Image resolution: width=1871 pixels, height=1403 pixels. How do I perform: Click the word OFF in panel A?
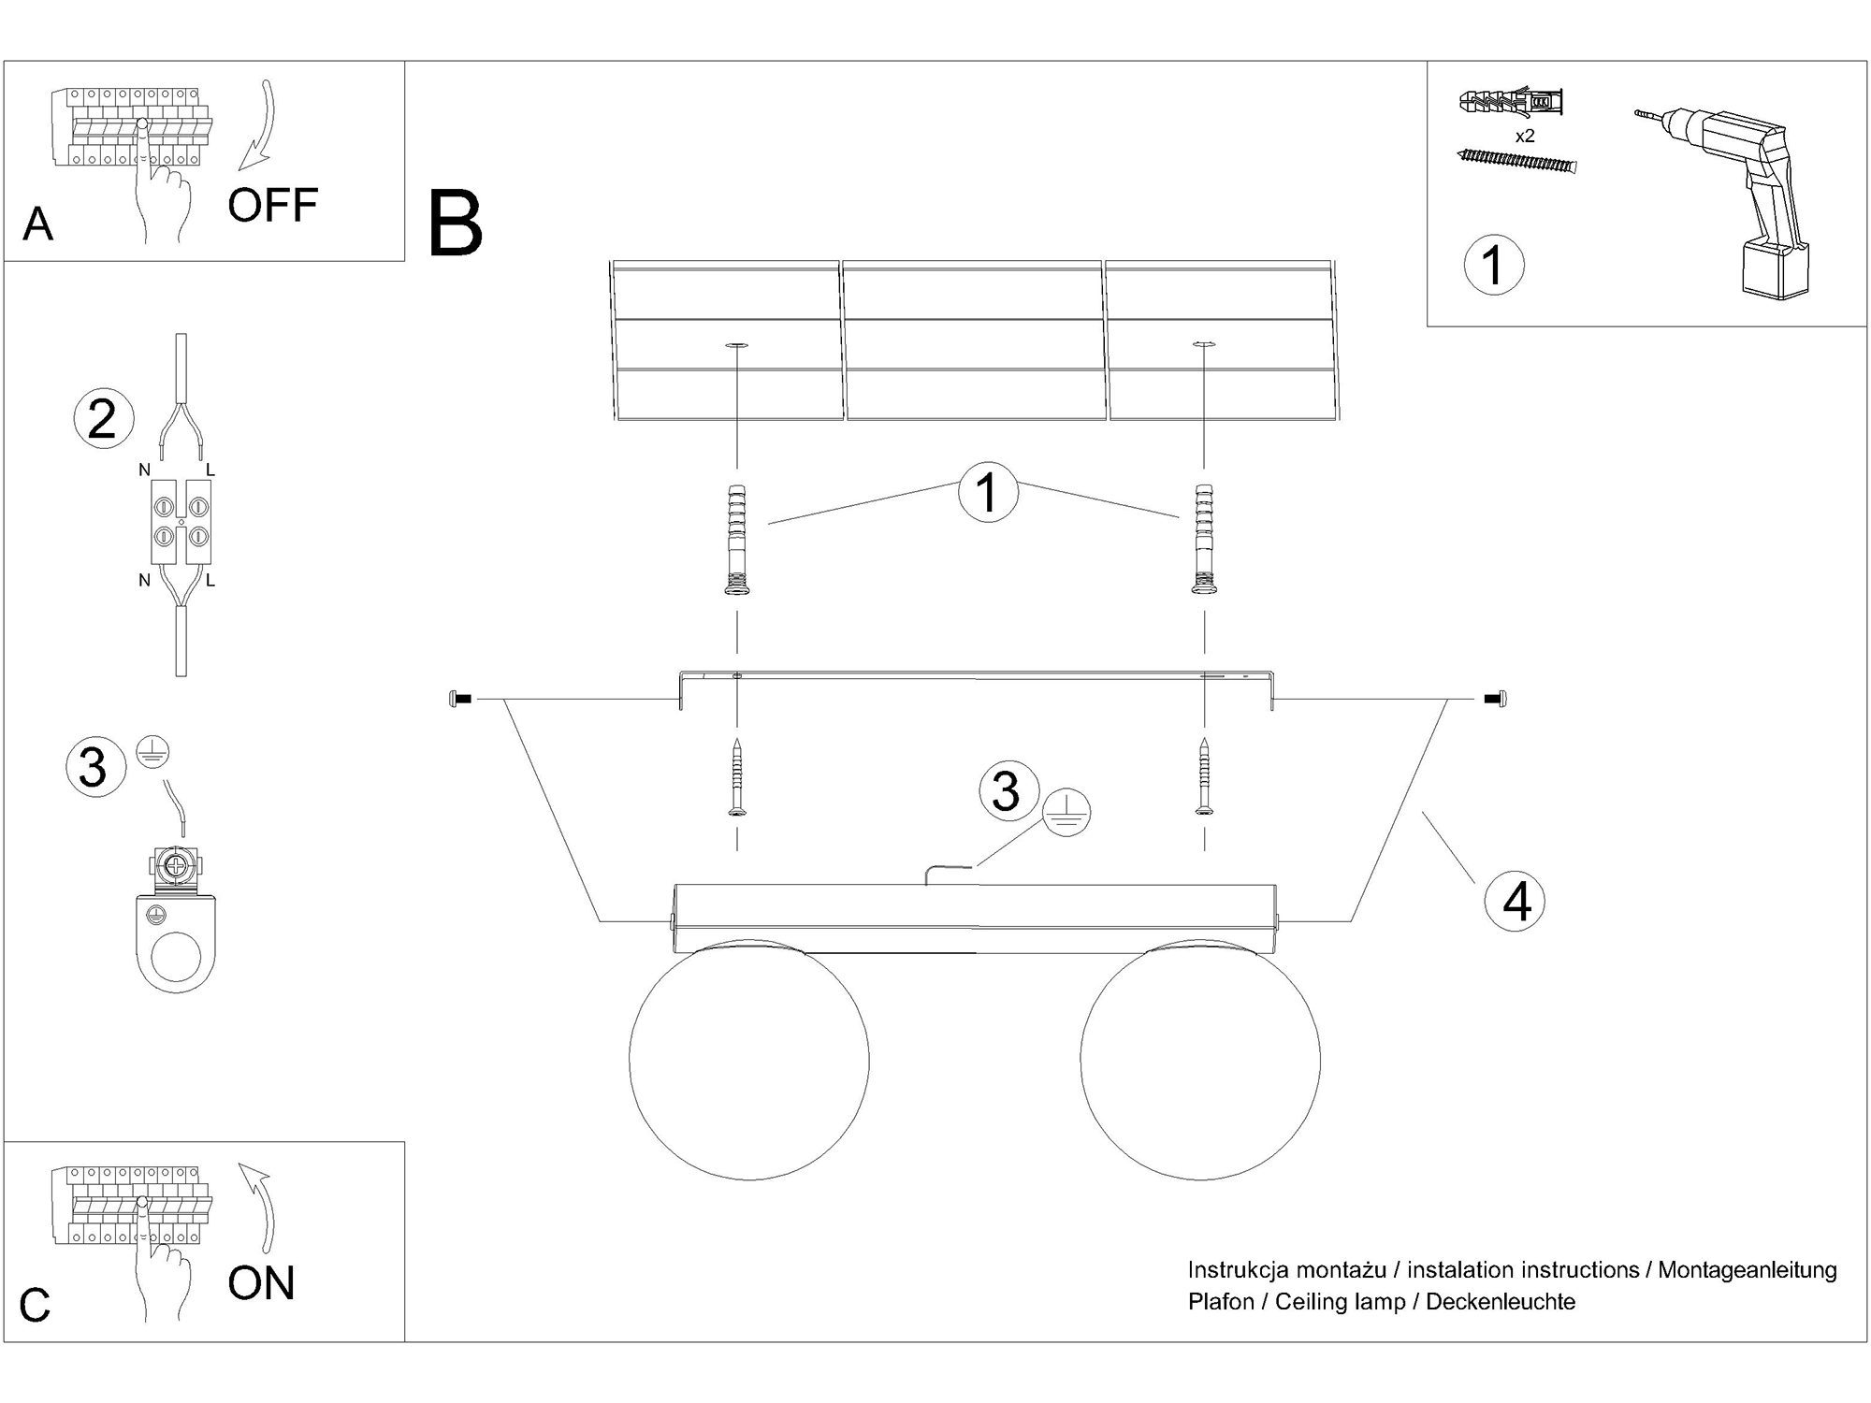[272, 205]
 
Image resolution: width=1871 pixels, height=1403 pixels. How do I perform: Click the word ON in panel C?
[261, 1283]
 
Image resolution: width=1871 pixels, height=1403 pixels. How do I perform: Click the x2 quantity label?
[1525, 136]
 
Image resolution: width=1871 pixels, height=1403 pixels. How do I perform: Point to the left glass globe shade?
[748, 1060]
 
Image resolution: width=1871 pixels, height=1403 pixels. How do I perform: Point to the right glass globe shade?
[1200, 1060]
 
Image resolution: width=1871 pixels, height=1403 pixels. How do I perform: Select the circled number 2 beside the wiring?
[103, 419]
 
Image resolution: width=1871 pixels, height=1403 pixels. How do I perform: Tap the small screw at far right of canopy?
[1495, 699]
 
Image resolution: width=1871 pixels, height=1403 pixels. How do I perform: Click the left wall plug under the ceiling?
[737, 540]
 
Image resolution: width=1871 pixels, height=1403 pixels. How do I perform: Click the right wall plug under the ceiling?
[1203, 540]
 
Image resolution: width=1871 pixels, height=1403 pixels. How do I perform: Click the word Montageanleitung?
[1748, 1270]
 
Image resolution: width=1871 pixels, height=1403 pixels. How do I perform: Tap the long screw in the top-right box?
[1516, 163]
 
